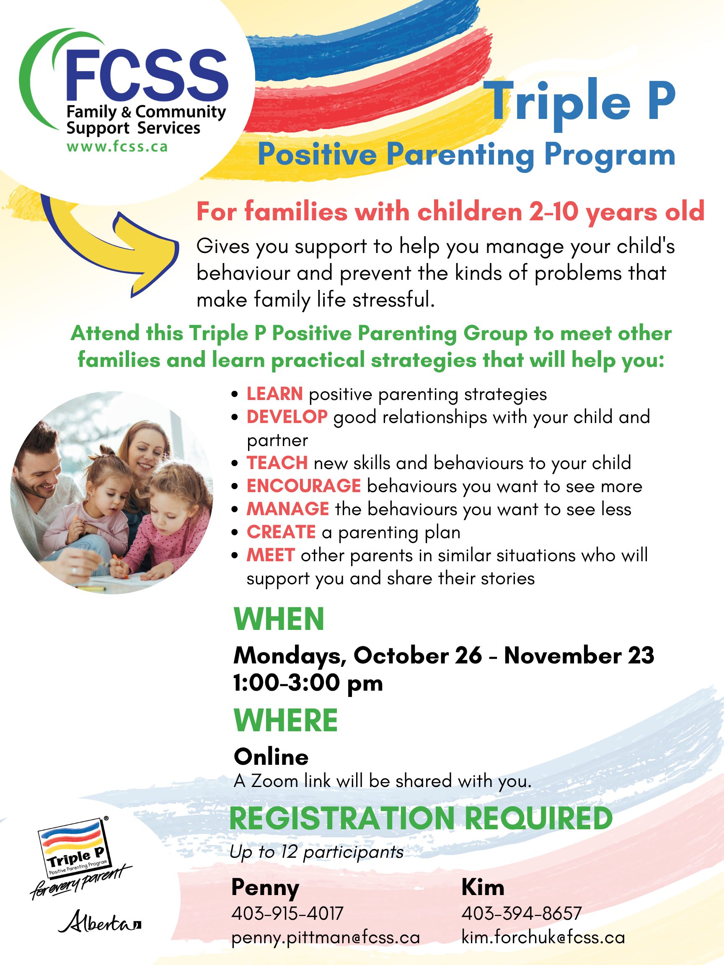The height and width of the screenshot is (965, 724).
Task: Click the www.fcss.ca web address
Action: (117, 146)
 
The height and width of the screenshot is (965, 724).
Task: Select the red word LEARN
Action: (274, 394)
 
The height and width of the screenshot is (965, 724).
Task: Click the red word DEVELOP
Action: (287, 417)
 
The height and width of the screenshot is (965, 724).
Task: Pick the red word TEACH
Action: (277, 463)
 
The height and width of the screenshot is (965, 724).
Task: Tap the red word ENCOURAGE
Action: (304, 486)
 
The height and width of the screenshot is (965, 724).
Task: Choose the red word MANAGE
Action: (287, 509)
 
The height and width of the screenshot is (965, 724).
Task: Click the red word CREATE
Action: (281, 532)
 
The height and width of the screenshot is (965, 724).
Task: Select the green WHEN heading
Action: (279, 619)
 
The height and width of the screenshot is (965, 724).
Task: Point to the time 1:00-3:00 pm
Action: (308, 683)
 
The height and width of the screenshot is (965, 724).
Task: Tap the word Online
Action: (271, 757)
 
